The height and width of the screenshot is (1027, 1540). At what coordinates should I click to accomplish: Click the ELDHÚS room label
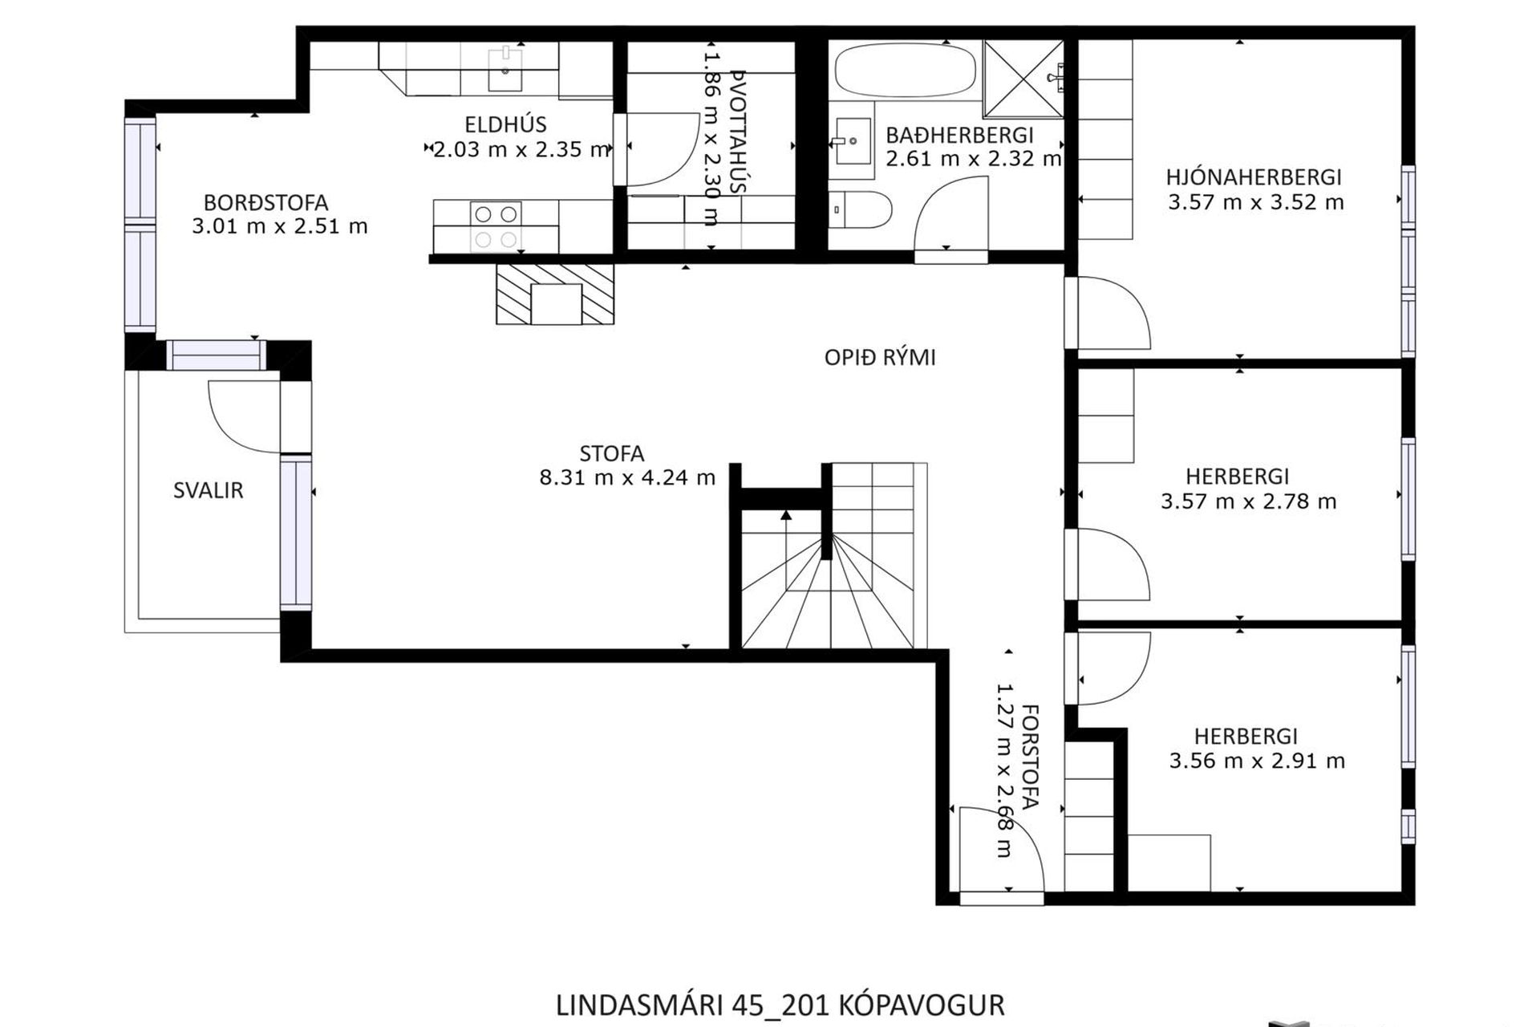[505, 124]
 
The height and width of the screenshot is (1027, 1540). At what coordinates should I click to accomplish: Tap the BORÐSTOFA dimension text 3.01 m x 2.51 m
[279, 226]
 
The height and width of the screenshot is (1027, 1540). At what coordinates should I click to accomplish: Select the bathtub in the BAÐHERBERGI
[905, 71]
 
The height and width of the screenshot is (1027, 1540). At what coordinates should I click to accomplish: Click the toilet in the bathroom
[860, 209]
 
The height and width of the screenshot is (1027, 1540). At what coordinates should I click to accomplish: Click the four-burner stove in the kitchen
[495, 227]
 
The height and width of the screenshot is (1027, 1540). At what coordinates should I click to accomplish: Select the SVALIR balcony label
[208, 490]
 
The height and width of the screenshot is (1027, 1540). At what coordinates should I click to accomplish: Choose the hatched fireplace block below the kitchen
[555, 294]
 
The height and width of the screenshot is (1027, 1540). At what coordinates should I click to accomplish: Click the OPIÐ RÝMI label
[880, 358]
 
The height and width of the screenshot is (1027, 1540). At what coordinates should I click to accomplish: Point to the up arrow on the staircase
[786, 516]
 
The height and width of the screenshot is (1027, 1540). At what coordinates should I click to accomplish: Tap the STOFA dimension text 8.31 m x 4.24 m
[626, 478]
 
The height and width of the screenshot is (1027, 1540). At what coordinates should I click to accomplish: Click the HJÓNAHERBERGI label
[1254, 177]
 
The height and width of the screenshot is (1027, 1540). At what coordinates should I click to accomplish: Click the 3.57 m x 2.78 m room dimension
[1248, 502]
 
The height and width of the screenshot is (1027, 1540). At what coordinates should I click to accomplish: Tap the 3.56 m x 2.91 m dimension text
[1256, 761]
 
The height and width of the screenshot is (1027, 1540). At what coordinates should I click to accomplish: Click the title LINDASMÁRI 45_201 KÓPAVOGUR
[780, 1005]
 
